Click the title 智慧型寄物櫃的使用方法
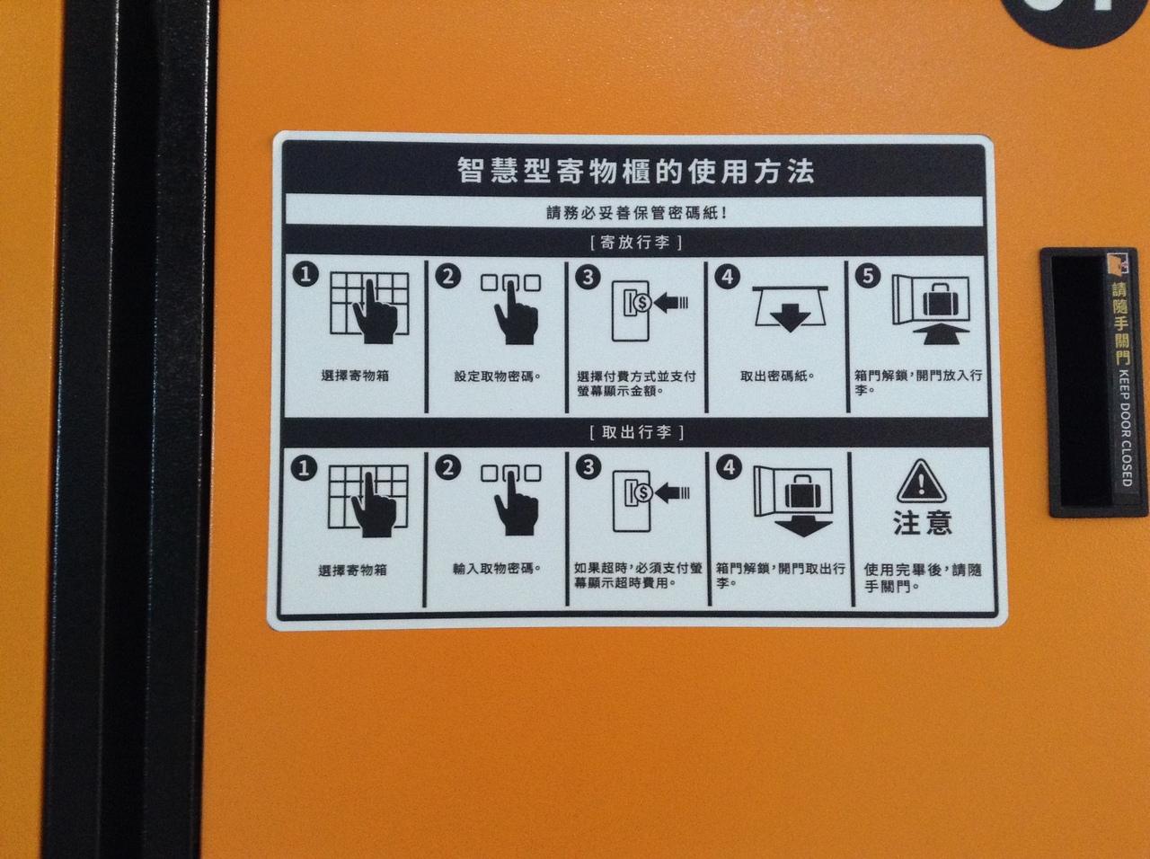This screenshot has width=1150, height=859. pos(635,172)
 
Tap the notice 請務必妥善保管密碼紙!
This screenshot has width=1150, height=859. pos(637,213)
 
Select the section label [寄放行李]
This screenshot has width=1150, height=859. pos(635,243)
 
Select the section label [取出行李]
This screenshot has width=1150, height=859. pos(637,432)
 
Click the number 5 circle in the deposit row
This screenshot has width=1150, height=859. pos(868,276)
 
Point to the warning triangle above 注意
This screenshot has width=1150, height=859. pos(921,482)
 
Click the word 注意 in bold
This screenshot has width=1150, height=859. pos(922,523)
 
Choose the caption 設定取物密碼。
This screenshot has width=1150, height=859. pos(497,376)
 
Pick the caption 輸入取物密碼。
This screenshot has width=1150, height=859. pos(496,568)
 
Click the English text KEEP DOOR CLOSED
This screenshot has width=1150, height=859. pos(1126,428)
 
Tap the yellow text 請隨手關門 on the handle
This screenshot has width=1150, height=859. pos(1121,323)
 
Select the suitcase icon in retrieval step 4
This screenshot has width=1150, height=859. pos(801,491)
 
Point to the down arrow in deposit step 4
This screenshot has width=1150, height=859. pos(791,317)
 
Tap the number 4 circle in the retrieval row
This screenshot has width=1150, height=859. pos(729,466)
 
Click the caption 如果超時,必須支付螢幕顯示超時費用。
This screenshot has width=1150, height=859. pos(638,575)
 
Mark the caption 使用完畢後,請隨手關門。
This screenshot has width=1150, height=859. pos(923,578)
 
